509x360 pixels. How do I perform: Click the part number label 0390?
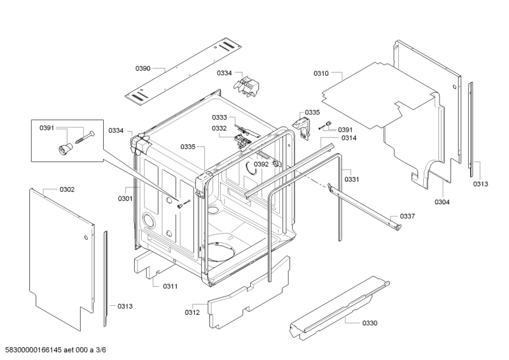[143, 69]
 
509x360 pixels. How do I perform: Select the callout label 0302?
[67, 190]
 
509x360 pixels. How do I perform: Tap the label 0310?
[321, 74]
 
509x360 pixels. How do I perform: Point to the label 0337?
[407, 216]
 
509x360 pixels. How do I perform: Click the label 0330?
[370, 323]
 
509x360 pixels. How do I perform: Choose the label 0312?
[192, 312]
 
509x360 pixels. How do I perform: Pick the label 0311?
[171, 286]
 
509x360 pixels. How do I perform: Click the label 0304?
[442, 202]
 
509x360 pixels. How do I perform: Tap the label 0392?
[261, 164]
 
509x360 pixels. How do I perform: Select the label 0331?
[352, 179]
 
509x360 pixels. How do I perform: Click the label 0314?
[349, 138]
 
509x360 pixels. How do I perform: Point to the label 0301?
[125, 198]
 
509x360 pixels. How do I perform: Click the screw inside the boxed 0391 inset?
[85, 137]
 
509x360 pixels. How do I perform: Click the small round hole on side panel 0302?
[86, 238]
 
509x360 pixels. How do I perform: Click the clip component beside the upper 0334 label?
[247, 87]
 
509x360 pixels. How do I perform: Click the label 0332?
[220, 128]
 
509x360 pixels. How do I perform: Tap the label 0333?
[220, 118]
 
